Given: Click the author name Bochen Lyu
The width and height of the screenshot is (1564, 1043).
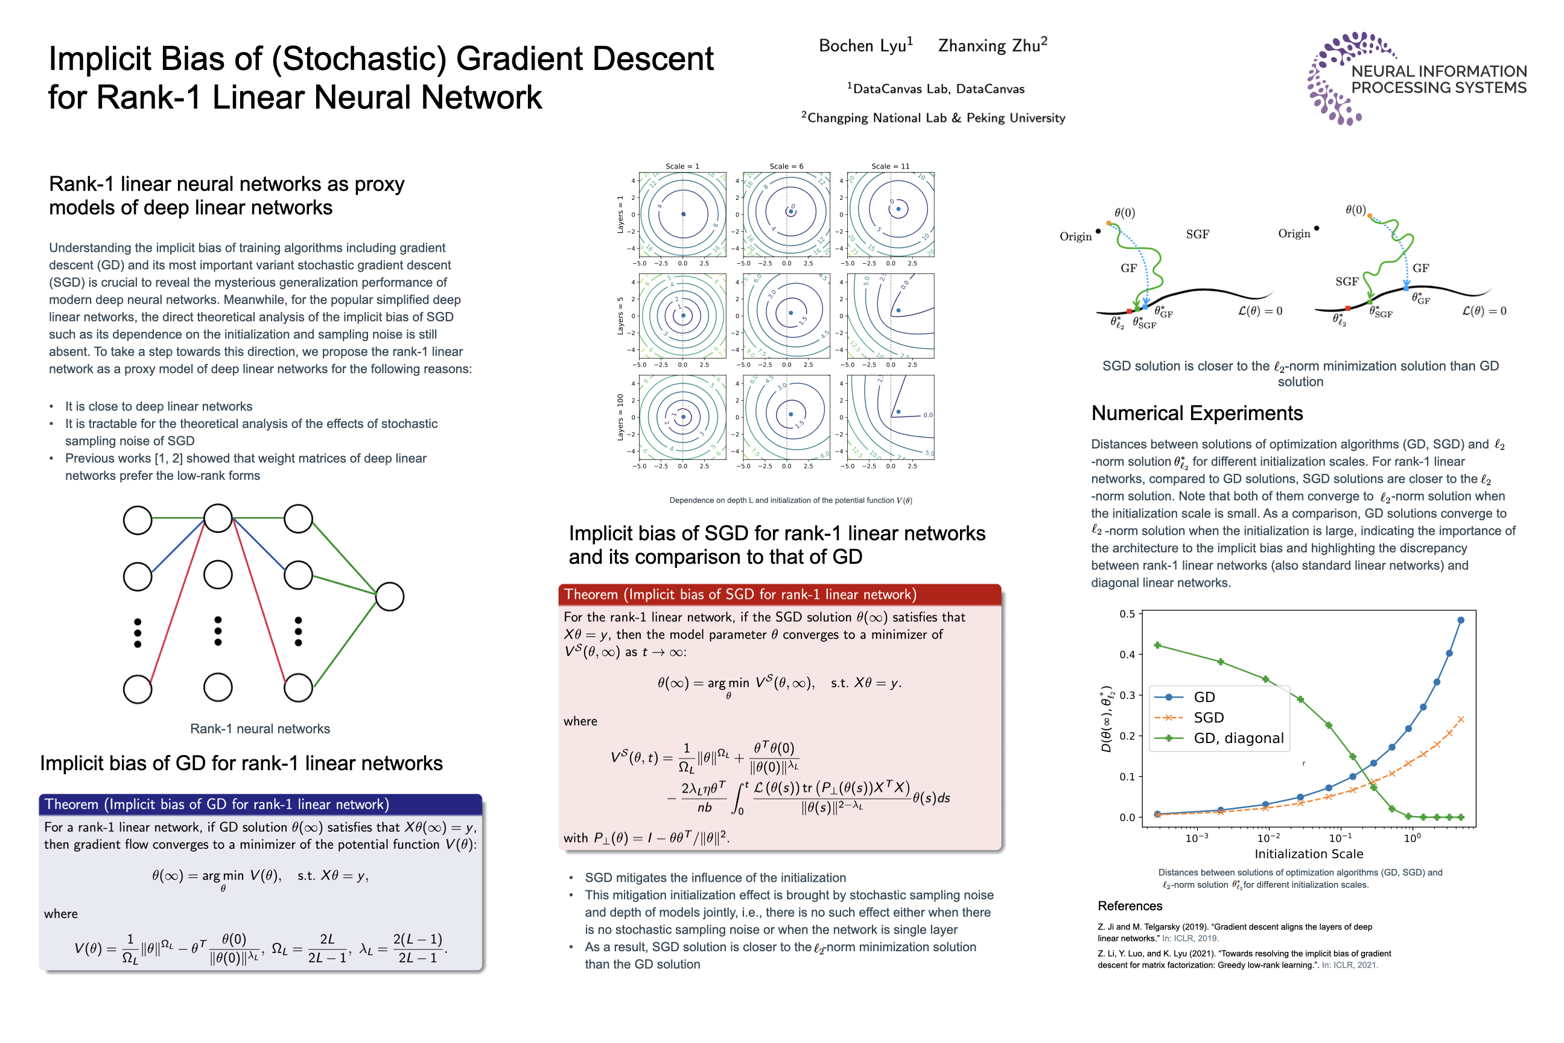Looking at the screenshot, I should pyautogui.click(x=865, y=45).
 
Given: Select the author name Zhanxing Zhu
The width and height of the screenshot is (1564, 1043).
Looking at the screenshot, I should pyautogui.click(x=991, y=45).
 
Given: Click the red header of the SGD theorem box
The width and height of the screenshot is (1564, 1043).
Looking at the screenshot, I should pyautogui.click(x=780, y=594).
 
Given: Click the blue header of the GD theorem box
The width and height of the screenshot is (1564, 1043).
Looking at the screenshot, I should pyautogui.click(x=260, y=803).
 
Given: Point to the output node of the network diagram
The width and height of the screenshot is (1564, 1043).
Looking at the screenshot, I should pyautogui.click(x=390, y=597).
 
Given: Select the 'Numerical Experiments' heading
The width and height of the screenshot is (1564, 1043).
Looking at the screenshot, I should pyautogui.click(x=1197, y=413).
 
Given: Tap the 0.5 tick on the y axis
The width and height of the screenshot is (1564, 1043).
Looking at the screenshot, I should pyautogui.click(x=1127, y=613).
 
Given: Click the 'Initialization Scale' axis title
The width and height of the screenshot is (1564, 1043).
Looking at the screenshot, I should pyautogui.click(x=1308, y=853).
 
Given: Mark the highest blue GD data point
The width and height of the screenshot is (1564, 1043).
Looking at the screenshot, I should pyautogui.click(x=1460, y=620).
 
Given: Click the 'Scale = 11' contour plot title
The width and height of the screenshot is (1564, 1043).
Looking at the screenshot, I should pyautogui.click(x=891, y=167).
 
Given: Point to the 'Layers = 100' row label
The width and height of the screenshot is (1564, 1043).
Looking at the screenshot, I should pyautogui.click(x=620, y=417).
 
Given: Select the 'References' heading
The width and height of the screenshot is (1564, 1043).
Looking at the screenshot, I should pyautogui.click(x=1130, y=905).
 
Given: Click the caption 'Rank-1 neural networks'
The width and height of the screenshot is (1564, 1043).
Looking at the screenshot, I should pyautogui.click(x=260, y=729).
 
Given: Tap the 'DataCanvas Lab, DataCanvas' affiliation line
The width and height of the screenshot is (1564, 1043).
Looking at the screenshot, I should pyautogui.click(x=937, y=89).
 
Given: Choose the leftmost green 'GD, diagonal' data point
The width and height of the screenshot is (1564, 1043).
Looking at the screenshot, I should pyautogui.click(x=1157, y=645).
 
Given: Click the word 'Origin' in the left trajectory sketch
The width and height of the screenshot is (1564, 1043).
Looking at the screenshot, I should pyautogui.click(x=1075, y=236).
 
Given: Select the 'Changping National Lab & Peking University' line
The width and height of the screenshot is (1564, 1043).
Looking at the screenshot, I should pyautogui.click(x=934, y=118).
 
